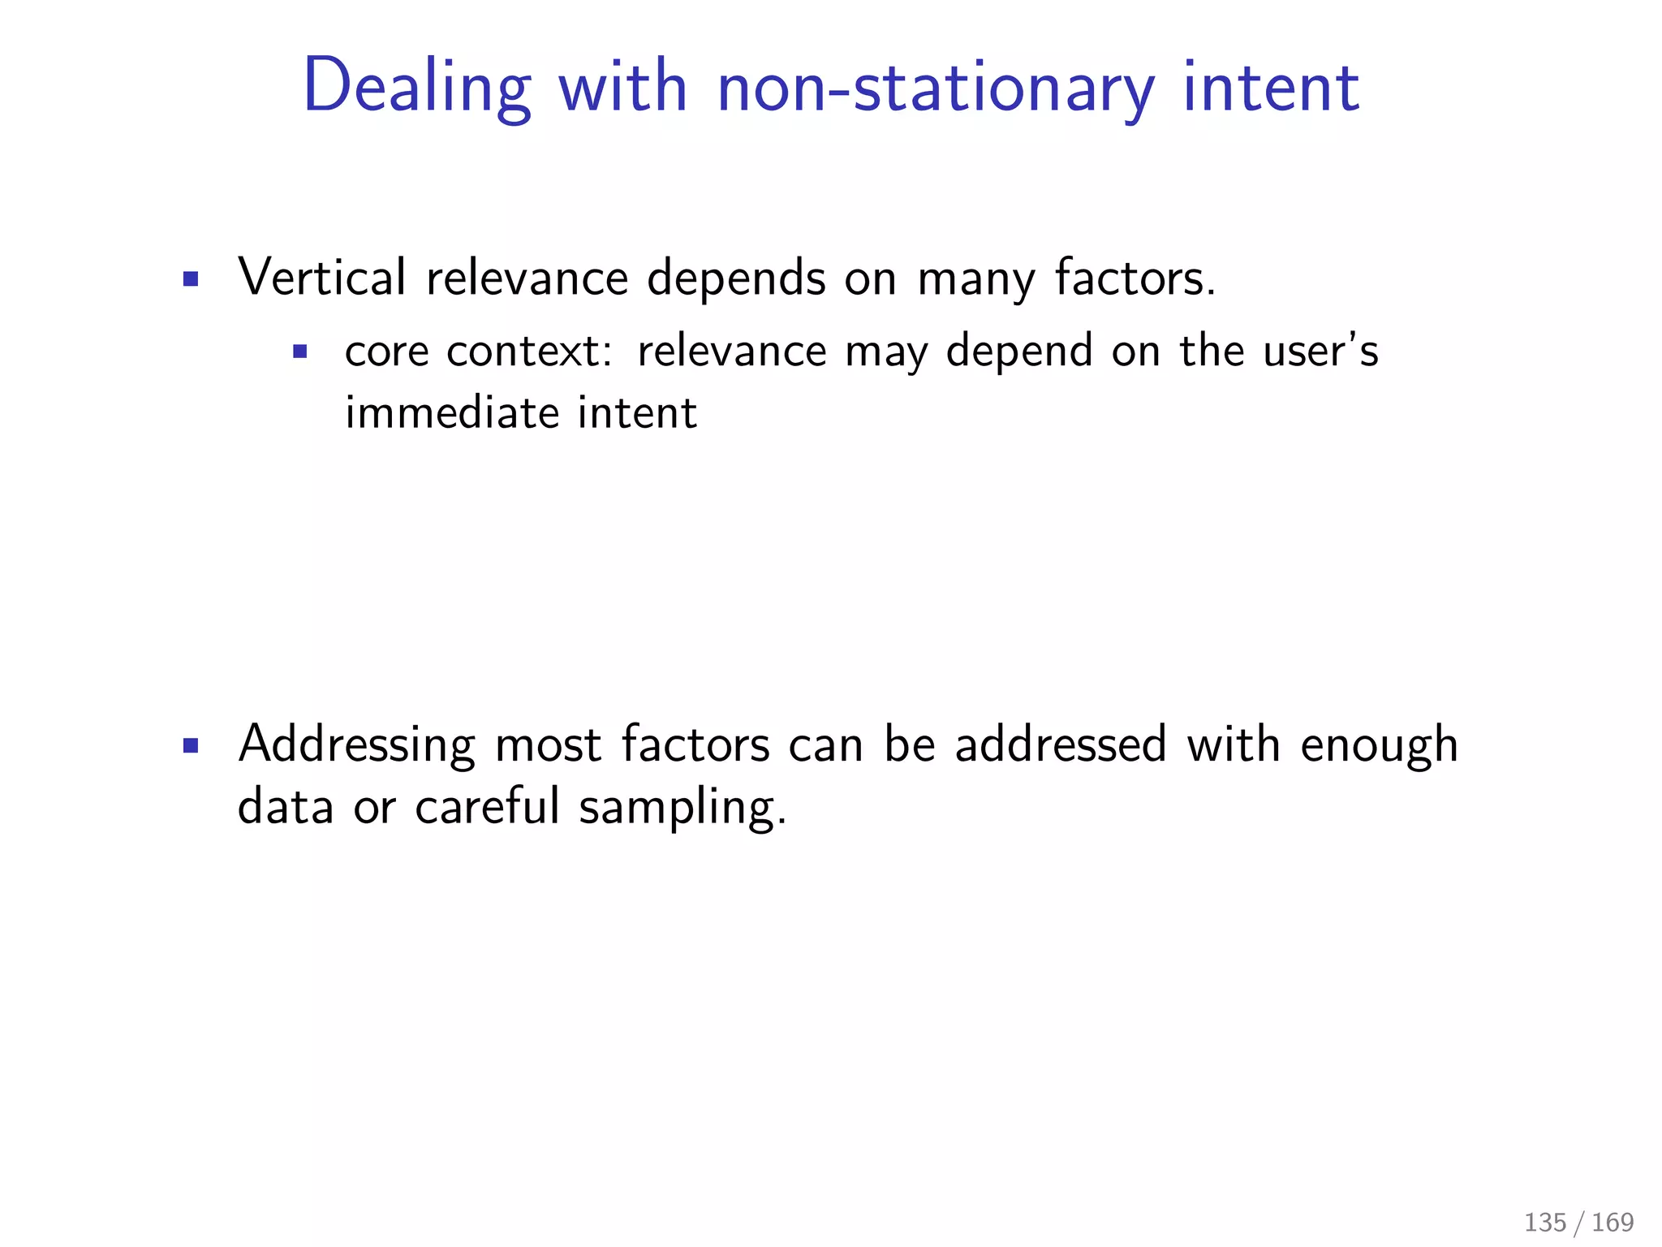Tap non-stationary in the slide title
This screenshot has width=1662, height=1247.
click(936, 88)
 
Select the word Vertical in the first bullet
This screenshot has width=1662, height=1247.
click(321, 278)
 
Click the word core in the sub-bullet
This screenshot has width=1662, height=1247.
click(386, 352)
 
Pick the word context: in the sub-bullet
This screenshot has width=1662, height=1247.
click(529, 352)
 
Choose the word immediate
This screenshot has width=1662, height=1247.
click(452, 412)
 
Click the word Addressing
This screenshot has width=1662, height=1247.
click(357, 745)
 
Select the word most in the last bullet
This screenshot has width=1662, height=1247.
click(548, 745)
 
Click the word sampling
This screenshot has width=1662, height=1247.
click(682, 809)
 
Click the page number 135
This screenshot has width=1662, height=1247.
click(1545, 1222)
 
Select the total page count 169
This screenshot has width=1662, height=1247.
click(1612, 1222)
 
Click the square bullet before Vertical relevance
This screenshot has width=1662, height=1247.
click(191, 280)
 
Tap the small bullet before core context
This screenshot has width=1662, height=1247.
click(300, 352)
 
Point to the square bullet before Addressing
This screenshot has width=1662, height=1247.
click(191, 746)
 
